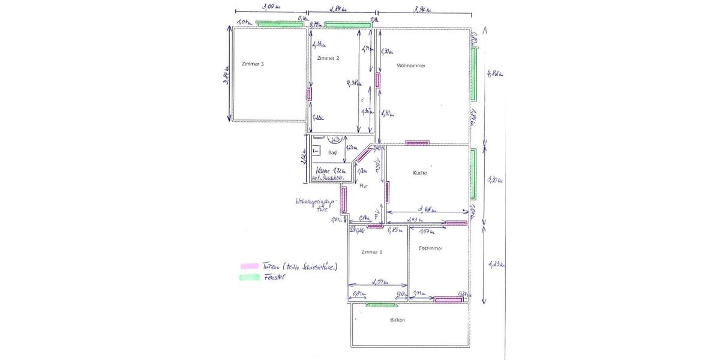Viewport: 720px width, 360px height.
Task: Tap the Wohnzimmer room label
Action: pos(411,65)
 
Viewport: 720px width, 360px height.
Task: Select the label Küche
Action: pos(419,173)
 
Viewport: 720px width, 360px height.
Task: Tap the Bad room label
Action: pos(332,153)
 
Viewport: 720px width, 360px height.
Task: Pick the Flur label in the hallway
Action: pos(363,186)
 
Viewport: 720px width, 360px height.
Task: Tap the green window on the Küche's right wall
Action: pos(473,174)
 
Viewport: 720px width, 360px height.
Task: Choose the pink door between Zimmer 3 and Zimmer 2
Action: pos(310,94)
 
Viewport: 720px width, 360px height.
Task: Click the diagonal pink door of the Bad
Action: pos(361,155)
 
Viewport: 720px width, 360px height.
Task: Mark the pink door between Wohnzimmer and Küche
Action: pos(416,143)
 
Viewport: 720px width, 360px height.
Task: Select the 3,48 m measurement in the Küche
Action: pos(427,209)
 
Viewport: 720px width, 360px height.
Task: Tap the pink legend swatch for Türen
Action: pos(249,266)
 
